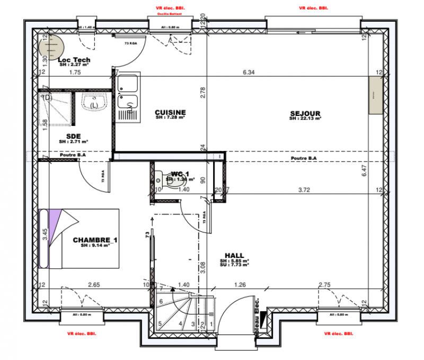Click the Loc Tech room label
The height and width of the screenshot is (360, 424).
tap(74, 60)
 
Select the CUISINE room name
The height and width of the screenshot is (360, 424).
tap(170, 112)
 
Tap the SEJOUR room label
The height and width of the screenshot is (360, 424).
tap(305, 113)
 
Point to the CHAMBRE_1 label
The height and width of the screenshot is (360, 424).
tap(95, 240)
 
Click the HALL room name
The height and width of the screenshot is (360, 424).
tap(234, 255)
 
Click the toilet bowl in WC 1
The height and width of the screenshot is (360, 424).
tap(159, 176)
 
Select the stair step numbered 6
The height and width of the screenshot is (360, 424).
tap(161, 301)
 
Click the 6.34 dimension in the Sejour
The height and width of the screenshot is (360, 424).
tap(249, 73)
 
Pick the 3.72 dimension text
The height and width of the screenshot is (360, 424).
tap(304, 189)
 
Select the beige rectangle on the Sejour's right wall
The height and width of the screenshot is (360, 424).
tap(376, 94)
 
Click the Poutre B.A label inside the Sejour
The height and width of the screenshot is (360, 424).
tap(304, 158)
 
